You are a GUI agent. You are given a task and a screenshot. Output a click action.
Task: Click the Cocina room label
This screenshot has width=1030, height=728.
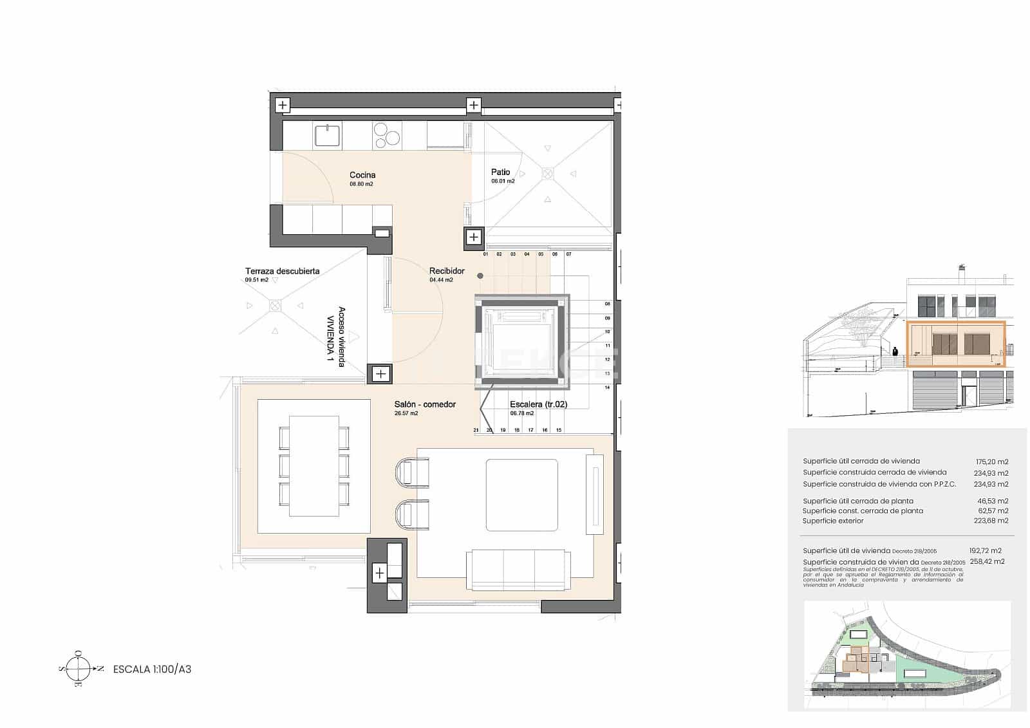[362, 175]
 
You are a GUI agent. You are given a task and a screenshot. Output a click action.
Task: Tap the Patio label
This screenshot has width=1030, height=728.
[500, 173]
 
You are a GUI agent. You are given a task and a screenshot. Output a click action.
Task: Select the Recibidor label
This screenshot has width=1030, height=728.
[447, 271]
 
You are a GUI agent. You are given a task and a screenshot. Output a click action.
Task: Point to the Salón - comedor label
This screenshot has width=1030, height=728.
[425, 404]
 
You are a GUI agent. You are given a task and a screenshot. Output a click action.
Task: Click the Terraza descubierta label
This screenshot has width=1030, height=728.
[282, 271]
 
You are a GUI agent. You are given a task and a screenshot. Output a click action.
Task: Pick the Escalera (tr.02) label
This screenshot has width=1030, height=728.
[538, 404]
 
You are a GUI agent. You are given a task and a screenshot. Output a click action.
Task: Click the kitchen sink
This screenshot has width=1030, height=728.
[328, 136]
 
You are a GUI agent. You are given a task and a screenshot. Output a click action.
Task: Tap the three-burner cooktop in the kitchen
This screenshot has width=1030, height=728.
[386, 136]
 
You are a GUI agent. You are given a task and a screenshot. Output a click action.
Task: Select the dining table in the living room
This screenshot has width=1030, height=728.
[314, 466]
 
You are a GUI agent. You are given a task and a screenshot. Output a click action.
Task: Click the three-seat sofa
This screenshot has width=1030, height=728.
[518, 570]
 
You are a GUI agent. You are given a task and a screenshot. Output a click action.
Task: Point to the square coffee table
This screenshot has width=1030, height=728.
[521, 495]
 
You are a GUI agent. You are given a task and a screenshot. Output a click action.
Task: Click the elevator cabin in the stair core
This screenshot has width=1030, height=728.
[521, 342]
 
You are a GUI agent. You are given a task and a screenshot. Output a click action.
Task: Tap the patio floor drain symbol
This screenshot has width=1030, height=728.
[547, 173]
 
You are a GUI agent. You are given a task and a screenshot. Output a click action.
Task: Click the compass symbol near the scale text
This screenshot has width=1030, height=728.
[78, 669]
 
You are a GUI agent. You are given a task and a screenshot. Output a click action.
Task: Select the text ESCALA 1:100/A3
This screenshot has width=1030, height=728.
[152, 669]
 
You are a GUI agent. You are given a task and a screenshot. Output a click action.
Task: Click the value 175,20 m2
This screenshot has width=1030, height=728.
[991, 462]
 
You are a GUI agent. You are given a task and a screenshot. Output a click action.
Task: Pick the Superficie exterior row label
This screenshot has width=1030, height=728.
[832, 521]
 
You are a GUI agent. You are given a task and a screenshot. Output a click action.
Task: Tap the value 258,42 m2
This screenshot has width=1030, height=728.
[987, 561]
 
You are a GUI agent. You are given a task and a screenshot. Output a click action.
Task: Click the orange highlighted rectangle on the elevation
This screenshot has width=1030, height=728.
[955, 344]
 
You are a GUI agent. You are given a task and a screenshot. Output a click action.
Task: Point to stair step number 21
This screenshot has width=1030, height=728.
[476, 430]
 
